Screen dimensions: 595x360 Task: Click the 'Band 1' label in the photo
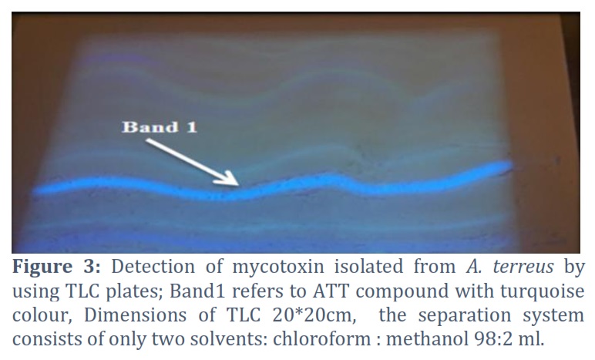160,127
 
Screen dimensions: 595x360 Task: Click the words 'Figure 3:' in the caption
56,267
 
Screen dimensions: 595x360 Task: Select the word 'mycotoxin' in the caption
278,267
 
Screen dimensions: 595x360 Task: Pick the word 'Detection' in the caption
153,267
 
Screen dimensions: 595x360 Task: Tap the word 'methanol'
428,338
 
